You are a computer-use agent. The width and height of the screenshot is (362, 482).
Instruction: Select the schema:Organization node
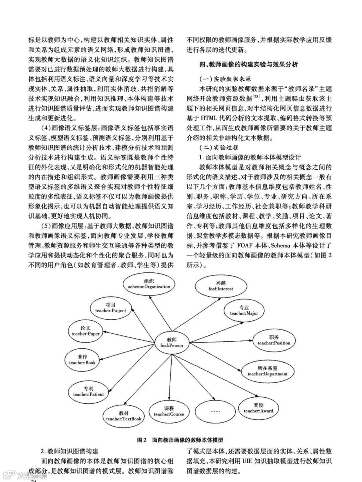(x=149, y=284)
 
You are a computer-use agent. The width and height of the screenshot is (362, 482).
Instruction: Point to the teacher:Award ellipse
(x=258, y=408)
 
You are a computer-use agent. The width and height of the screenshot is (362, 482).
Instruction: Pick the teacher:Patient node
(x=88, y=391)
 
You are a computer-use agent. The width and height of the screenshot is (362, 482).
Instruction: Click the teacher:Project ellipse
(x=110, y=308)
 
